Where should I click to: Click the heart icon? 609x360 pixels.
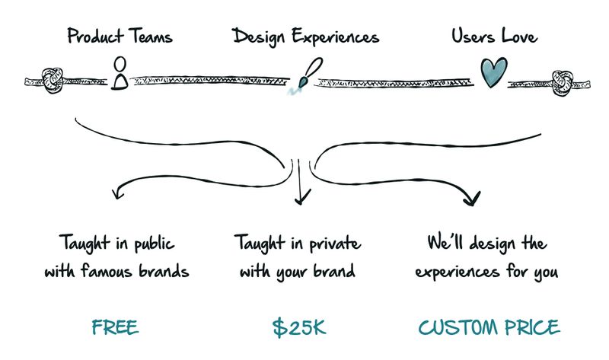point(493,73)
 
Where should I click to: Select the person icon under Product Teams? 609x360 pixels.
point(118,73)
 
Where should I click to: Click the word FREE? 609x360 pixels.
point(115,328)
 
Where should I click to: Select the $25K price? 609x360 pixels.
point(299,328)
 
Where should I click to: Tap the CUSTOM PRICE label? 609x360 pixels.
point(489,328)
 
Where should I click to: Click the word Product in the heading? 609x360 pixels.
point(94,36)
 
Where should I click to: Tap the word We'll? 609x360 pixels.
point(445,245)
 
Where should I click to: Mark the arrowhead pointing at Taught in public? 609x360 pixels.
point(116,193)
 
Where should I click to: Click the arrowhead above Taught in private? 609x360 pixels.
point(302,199)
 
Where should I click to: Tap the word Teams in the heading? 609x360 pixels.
point(148,36)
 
